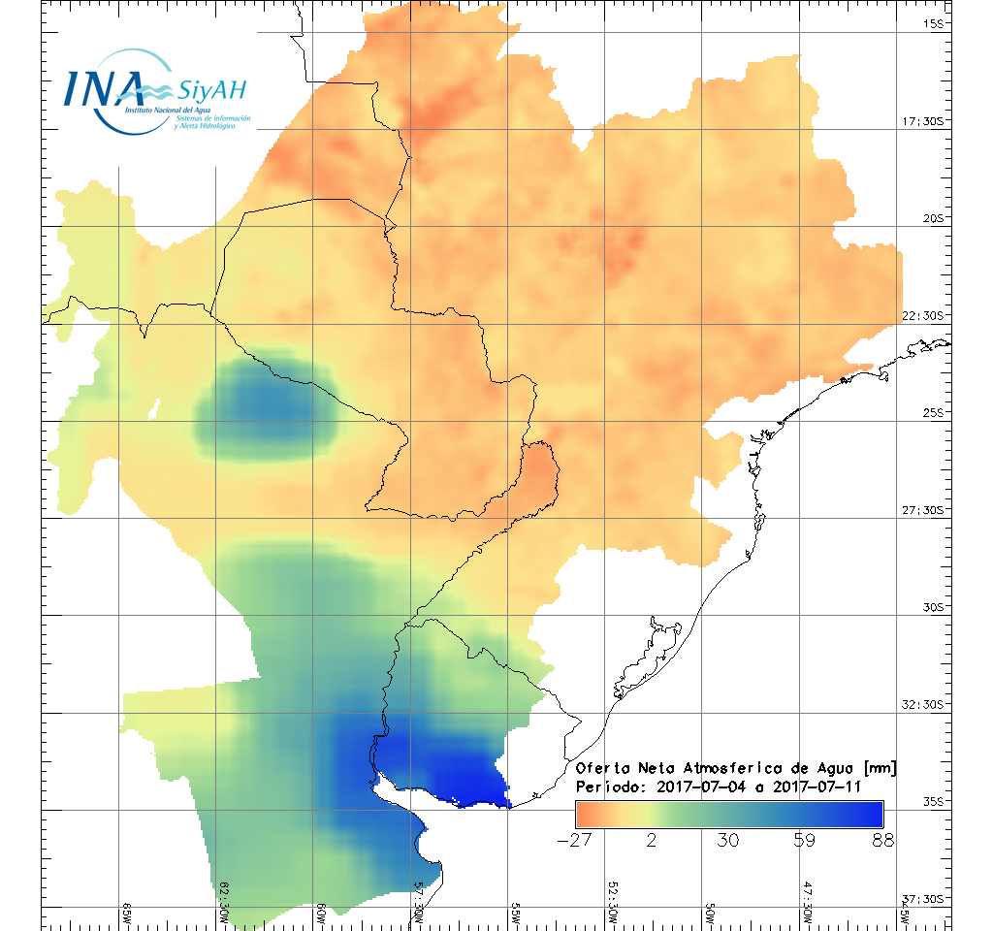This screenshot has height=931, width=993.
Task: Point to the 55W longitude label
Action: (x=516, y=914)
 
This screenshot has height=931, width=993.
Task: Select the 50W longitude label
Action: (x=710, y=914)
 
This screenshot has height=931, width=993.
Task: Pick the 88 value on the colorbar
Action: (x=881, y=840)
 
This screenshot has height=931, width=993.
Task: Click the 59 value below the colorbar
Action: (x=804, y=840)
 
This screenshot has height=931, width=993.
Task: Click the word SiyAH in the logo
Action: (x=211, y=91)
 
